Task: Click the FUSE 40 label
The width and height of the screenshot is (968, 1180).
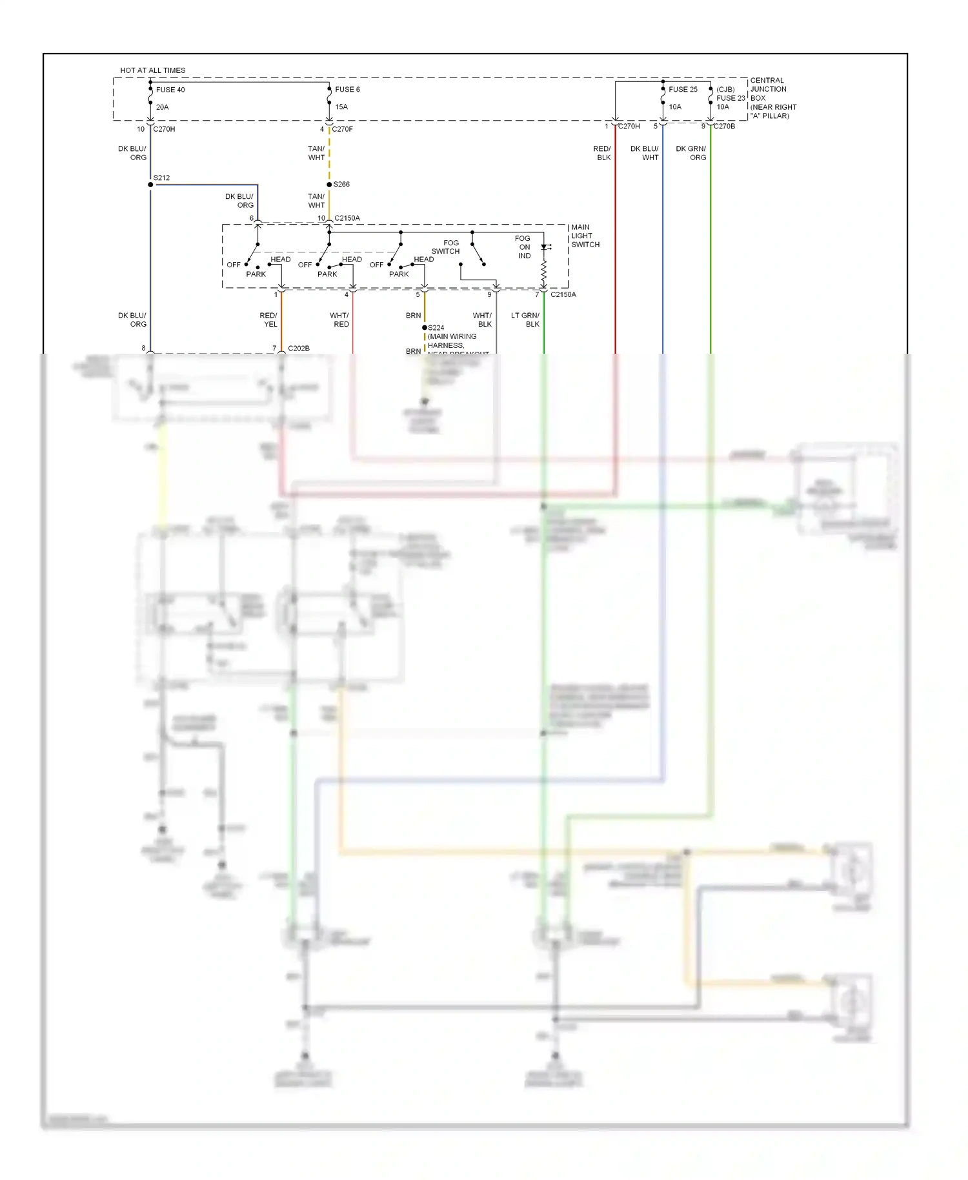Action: click(x=170, y=90)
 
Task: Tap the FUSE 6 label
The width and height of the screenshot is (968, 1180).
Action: click(x=347, y=90)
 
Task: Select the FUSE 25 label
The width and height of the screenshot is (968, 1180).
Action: click(x=683, y=90)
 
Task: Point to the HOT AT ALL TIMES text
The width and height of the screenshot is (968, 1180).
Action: click(x=152, y=70)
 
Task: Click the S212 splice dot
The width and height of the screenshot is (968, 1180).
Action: click(x=150, y=185)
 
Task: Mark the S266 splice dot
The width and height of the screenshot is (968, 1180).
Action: click(x=329, y=185)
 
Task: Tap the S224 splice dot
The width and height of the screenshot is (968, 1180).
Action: click(x=425, y=327)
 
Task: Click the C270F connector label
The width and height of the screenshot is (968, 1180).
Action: click(x=342, y=129)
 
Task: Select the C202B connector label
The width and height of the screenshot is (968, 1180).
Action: click(x=298, y=349)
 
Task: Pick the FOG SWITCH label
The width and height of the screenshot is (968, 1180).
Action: click(x=446, y=247)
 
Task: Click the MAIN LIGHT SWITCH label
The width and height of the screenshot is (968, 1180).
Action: click(x=585, y=236)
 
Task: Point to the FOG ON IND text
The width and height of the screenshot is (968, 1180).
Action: click(x=523, y=247)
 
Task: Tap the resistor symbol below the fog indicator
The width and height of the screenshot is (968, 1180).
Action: click(x=543, y=273)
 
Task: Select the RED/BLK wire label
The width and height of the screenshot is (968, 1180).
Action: click(x=602, y=153)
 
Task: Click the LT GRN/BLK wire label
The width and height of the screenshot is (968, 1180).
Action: click(x=525, y=320)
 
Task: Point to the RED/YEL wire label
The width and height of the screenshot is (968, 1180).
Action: click(x=268, y=320)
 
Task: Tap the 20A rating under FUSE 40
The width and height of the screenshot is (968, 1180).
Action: click(x=162, y=107)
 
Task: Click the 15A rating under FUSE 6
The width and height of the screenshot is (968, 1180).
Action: click(x=341, y=107)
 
